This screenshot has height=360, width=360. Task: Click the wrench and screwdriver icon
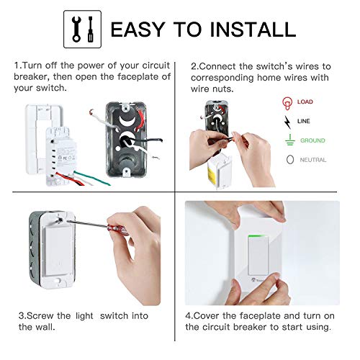pyautogui.click(x=82, y=30)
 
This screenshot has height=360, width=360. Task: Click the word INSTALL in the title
pyautogui.click(x=253, y=30)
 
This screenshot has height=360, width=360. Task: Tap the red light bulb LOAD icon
pyautogui.click(x=287, y=103)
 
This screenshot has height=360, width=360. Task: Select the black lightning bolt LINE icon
pyautogui.click(x=287, y=122)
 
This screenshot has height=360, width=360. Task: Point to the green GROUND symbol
pyautogui.click(x=290, y=140)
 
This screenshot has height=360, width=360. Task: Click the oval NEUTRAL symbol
pyautogui.click(x=290, y=160)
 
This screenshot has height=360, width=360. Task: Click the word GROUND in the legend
pyautogui.click(x=312, y=140)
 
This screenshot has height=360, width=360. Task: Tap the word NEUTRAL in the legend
pyautogui.click(x=313, y=160)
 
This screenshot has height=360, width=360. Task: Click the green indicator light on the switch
pyautogui.click(x=258, y=236)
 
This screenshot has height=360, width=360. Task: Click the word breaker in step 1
pyautogui.click(x=32, y=77)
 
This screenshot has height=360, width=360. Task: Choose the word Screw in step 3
pyautogui.click(x=40, y=315)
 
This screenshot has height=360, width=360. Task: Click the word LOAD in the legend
pyautogui.click(x=305, y=102)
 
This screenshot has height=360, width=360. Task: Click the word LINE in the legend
pyautogui.click(x=304, y=121)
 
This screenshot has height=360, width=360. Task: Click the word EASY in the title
pyautogui.click(x=138, y=30)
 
